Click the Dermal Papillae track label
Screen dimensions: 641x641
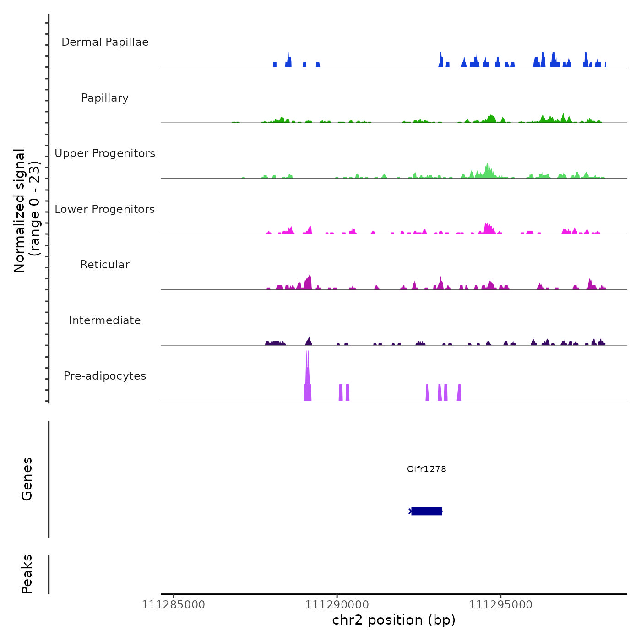(x=105, y=42)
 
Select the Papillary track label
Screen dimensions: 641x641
(x=105, y=98)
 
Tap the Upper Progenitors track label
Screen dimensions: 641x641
(x=105, y=153)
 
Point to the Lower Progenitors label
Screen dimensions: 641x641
(x=105, y=209)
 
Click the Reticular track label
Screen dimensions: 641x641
(x=105, y=265)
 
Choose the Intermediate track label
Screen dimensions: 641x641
(x=105, y=320)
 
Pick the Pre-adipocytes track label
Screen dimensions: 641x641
(x=105, y=376)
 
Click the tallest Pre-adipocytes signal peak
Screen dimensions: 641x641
(x=307, y=366)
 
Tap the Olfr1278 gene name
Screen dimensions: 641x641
(x=426, y=469)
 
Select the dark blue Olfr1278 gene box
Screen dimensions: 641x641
(x=426, y=511)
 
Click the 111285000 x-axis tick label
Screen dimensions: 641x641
(x=173, y=605)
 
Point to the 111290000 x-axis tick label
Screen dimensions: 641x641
(x=337, y=605)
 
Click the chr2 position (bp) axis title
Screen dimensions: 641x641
(x=394, y=620)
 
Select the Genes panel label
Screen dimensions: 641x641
(x=27, y=479)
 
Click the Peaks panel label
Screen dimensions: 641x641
(x=27, y=574)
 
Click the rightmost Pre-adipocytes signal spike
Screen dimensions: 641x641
(x=459, y=393)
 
